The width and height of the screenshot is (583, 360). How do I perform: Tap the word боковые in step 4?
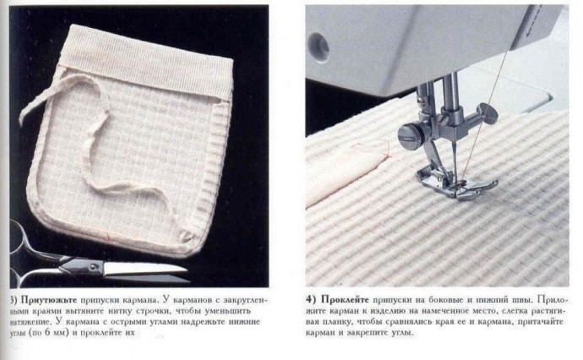click(x=451, y=299)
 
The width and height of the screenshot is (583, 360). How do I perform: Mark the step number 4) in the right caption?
click(x=311, y=299)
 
